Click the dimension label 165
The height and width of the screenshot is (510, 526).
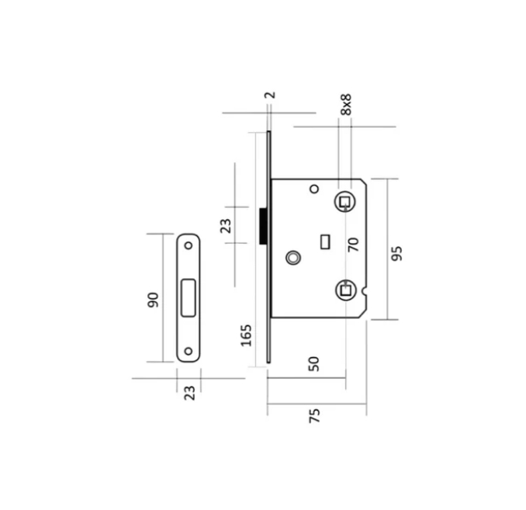[246, 335]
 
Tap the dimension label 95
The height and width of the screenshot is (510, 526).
[397, 254]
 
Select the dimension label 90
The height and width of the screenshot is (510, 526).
[153, 300]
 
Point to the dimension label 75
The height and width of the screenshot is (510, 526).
[314, 415]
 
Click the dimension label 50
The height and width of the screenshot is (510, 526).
[313, 363]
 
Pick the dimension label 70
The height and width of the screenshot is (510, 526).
[353, 245]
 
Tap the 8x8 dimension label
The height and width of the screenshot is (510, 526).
[345, 105]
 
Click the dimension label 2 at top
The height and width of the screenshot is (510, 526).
[270, 95]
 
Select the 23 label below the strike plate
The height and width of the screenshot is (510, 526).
[189, 393]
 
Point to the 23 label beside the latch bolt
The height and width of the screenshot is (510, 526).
[226, 226]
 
